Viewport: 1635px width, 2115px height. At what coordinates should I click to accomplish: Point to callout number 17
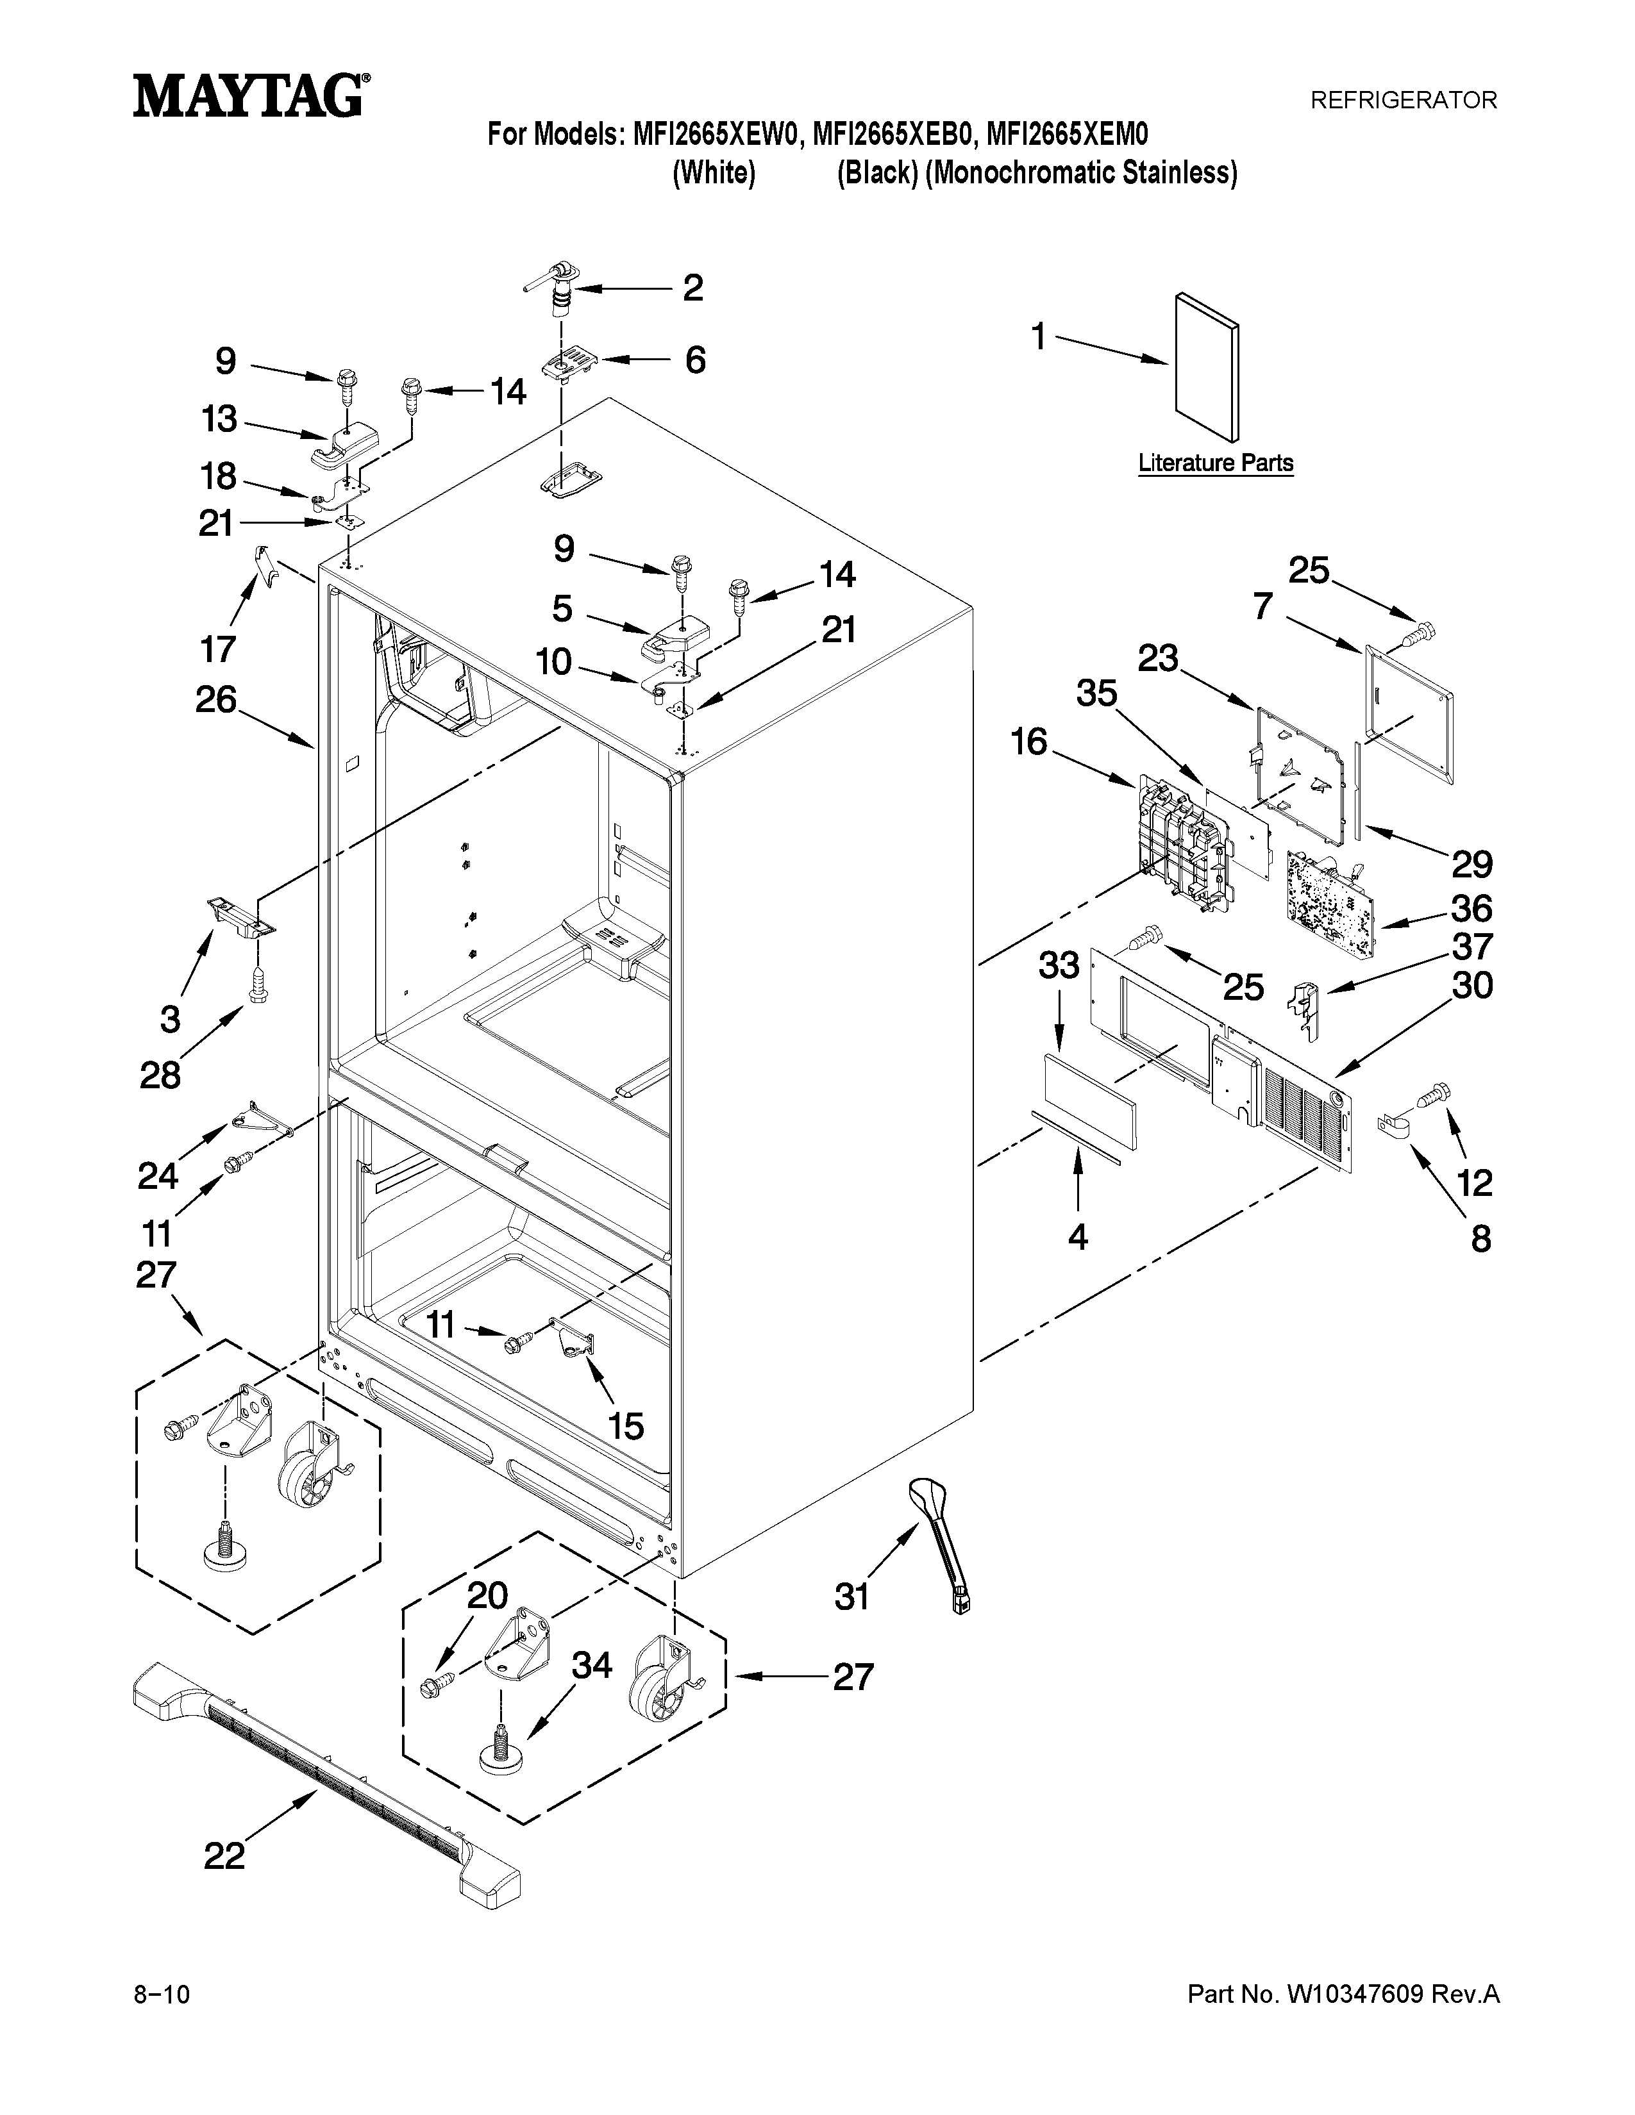tap(218, 648)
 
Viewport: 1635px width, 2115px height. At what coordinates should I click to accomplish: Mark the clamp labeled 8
tap(1393, 1126)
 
